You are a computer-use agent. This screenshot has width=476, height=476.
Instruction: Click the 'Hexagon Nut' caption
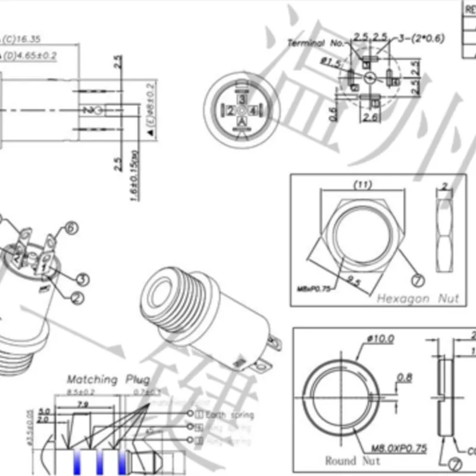pyautogui.click(x=418, y=298)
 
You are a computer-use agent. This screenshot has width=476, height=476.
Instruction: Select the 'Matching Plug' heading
pyautogui.click(x=108, y=380)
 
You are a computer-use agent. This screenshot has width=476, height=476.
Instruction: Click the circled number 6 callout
pyautogui.click(x=71, y=228)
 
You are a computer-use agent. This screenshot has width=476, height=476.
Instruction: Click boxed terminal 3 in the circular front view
pyautogui.click(x=242, y=98)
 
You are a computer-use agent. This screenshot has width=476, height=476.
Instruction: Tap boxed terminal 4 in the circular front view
pyautogui.click(x=254, y=111)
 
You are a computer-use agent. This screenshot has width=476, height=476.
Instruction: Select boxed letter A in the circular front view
pyautogui.click(x=242, y=122)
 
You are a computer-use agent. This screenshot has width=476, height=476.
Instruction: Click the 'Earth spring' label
pyautogui.click(x=228, y=415)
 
